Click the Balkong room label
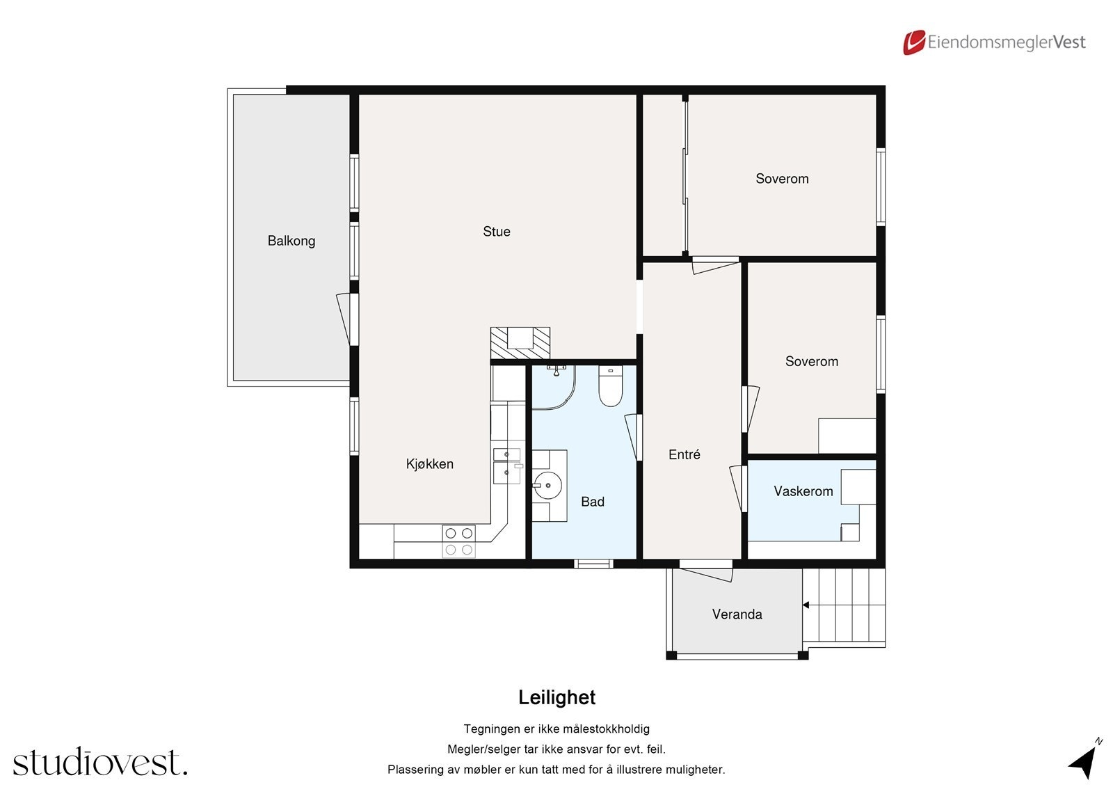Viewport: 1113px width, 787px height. pyautogui.click(x=291, y=241)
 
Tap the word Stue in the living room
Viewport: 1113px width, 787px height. pyautogui.click(x=497, y=232)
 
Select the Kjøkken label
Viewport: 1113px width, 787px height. pyautogui.click(x=430, y=464)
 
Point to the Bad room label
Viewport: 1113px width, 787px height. pyautogui.click(x=592, y=502)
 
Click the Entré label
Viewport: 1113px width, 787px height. pyautogui.click(x=684, y=454)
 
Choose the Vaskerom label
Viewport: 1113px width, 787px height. pyautogui.click(x=803, y=491)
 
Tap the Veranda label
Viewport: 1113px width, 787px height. pyautogui.click(x=737, y=614)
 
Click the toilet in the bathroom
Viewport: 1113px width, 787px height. pyautogui.click(x=611, y=386)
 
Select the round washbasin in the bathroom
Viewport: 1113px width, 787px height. pyautogui.click(x=548, y=485)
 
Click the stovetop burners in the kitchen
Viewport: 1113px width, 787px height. pyautogui.click(x=458, y=541)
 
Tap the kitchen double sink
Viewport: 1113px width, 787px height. pyautogui.click(x=507, y=466)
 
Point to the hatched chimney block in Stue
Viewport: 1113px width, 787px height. pyautogui.click(x=520, y=343)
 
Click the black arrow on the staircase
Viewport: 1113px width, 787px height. pyautogui.click(x=806, y=605)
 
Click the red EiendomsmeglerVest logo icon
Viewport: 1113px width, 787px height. pyautogui.click(x=914, y=42)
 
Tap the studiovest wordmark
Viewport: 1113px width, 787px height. pyautogui.click(x=100, y=762)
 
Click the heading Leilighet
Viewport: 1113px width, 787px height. pyautogui.click(x=556, y=697)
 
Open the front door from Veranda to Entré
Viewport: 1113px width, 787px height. pyautogui.click(x=706, y=572)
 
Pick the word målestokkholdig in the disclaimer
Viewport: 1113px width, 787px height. pyautogui.click(x=605, y=729)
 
